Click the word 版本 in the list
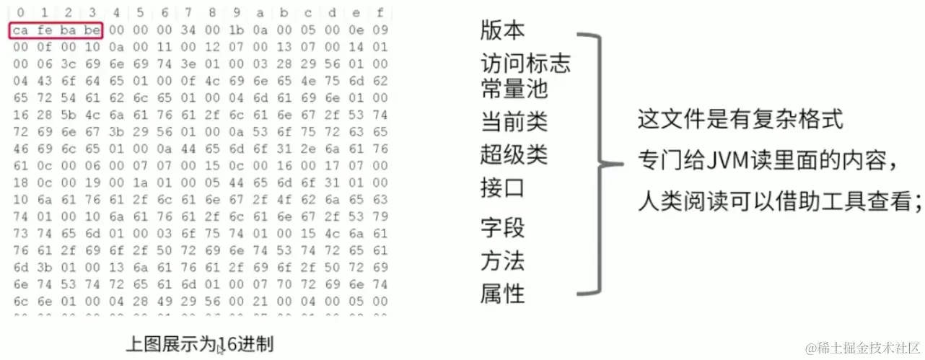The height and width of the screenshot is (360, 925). tap(503, 31)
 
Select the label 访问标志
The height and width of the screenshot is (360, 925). tap(525, 64)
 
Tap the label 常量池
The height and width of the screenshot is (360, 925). tap(514, 89)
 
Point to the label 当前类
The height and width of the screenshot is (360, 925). tap(514, 121)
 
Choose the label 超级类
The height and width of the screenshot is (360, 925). tap(514, 154)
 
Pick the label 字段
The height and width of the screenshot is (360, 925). tap(503, 228)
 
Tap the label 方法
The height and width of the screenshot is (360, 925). tap(503, 260)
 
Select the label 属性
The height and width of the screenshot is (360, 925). tap(503, 294)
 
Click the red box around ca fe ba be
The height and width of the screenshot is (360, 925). tap(57, 30)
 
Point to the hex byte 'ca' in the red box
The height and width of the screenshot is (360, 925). tap(20, 30)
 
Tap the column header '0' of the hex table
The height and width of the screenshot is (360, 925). tap(20, 12)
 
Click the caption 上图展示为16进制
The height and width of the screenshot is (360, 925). tap(200, 344)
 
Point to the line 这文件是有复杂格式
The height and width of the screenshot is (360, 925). tap(740, 119)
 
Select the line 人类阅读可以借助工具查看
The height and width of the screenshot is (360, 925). tap(778, 203)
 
